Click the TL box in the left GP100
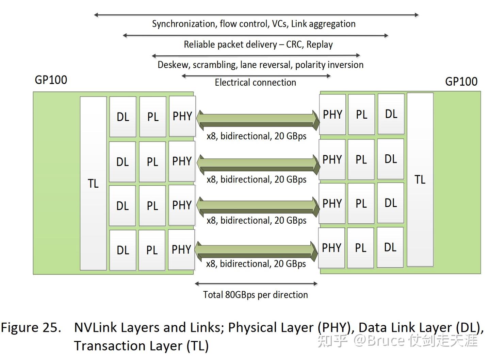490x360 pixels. (x=93, y=184)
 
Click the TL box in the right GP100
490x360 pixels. (x=420, y=179)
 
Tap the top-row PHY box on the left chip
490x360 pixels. (x=182, y=116)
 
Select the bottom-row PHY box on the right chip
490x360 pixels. (x=331, y=248)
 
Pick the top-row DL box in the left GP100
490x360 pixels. (x=123, y=117)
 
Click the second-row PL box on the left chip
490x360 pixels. (x=152, y=161)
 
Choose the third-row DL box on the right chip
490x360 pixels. (x=391, y=203)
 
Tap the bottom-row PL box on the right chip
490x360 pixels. (x=361, y=248)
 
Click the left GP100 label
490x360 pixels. (x=51, y=80)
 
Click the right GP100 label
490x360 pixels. (x=461, y=82)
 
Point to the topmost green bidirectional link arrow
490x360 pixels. (x=258, y=120)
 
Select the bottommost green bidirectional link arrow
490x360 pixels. (x=256, y=250)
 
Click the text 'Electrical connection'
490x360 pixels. (x=255, y=83)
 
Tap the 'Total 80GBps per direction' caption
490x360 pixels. (x=255, y=295)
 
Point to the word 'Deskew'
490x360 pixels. (x=173, y=65)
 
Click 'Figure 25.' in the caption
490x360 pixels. (x=31, y=327)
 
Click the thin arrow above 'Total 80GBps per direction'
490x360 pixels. (x=256, y=284)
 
